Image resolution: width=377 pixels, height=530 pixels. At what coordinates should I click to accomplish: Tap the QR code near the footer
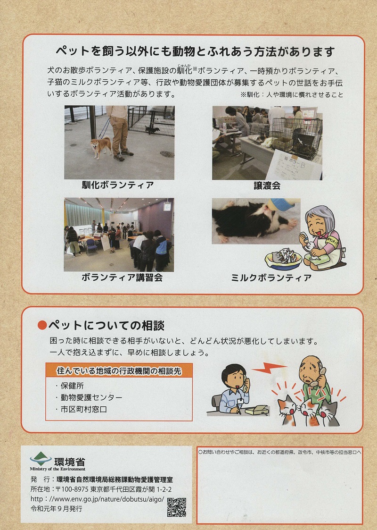pyautogui.click(x=177, y=507)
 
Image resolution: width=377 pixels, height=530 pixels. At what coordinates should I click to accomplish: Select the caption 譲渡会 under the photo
pyautogui.click(x=267, y=185)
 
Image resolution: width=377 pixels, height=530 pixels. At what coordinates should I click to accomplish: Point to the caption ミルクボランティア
pyautogui.click(x=271, y=278)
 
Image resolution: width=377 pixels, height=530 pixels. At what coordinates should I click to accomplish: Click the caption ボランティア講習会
pyautogui.click(x=122, y=278)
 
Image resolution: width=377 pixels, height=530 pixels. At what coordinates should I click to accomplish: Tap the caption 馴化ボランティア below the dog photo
pyautogui.click(x=118, y=185)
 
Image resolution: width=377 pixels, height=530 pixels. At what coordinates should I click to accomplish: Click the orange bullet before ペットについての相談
pyautogui.click(x=42, y=326)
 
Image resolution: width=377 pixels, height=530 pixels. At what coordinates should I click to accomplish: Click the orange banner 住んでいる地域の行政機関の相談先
pyautogui.click(x=119, y=371)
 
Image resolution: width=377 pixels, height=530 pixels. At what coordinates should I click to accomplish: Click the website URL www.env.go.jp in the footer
pyautogui.click(x=97, y=499)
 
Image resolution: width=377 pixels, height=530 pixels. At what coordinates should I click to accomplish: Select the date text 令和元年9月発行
pyautogui.click(x=57, y=509)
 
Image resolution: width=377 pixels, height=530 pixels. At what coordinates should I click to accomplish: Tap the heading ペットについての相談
pyautogui.click(x=107, y=326)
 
